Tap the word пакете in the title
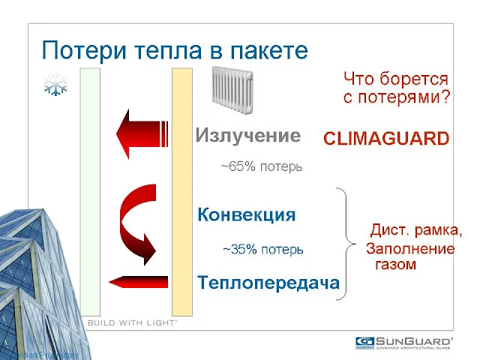pos(268,50)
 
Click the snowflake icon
pos(56,85)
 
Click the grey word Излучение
pos(247,136)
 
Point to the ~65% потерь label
pos(261,166)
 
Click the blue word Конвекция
pos(246,215)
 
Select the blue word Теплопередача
pos(268,283)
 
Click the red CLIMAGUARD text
pos(386,139)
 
